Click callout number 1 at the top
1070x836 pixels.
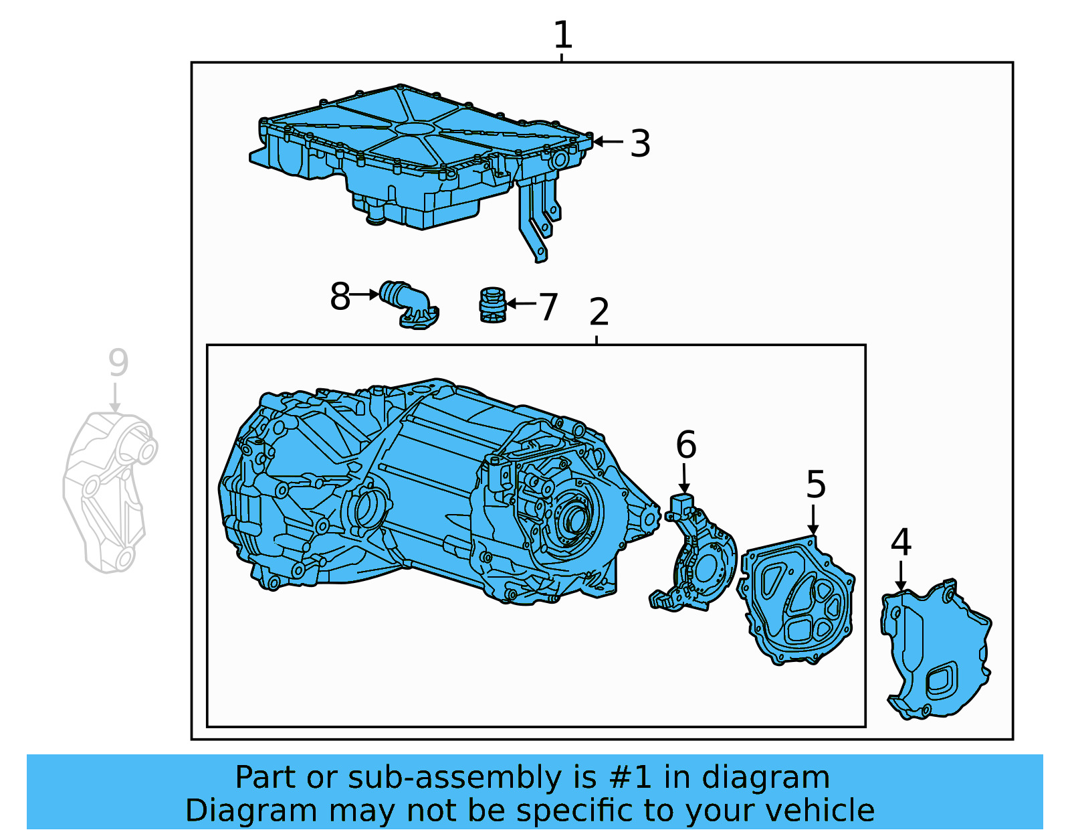coord(562,35)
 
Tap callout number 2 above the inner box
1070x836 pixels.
coord(599,312)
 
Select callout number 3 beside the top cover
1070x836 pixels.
coord(640,143)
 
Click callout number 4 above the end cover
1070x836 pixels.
coord(901,542)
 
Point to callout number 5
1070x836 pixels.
coord(815,484)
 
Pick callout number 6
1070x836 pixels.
coord(685,445)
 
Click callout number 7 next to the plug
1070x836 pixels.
coord(548,307)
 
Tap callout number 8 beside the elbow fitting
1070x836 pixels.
coord(340,297)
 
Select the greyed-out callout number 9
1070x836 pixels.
coord(118,363)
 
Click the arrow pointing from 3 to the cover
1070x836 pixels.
coord(608,141)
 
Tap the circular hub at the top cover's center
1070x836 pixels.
coord(414,129)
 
